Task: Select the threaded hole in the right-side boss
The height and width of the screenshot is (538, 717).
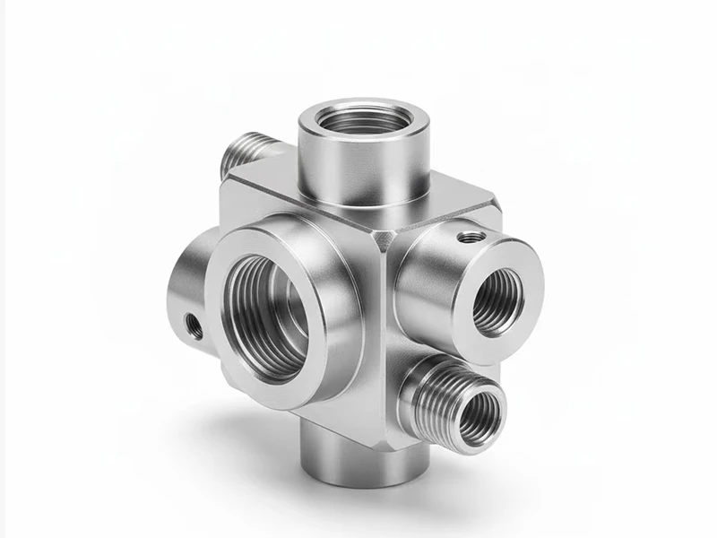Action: click(x=498, y=301)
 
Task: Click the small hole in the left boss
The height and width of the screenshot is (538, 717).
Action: click(x=190, y=324)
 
